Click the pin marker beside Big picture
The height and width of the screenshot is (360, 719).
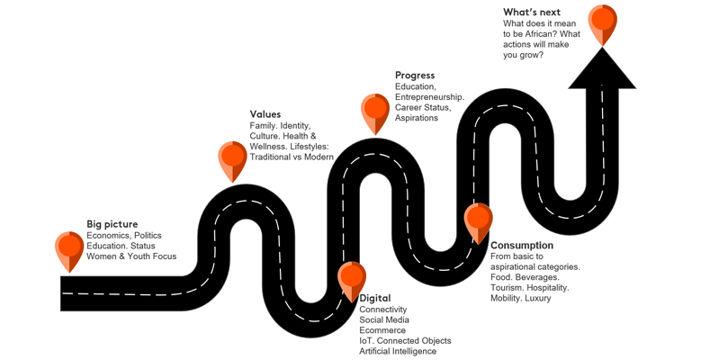click(69, 247)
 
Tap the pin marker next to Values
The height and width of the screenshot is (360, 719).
click(232, 158)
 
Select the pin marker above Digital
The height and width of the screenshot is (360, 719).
click(351, 278)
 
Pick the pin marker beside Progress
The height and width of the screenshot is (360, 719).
click(375, 111)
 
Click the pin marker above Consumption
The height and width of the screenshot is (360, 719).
click(478, 220)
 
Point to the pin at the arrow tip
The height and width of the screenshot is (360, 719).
click(602, 22)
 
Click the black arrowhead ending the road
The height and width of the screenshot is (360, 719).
click(602, 70)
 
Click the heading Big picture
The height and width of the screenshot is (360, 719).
click(112, 223)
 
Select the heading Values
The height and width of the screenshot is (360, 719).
click(265, 114)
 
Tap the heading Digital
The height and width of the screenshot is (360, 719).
click(375, 298)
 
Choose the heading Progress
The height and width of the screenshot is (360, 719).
click(415, 76)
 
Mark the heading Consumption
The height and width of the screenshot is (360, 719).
click(522, 245)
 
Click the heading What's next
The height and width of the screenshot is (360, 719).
click(532, 12)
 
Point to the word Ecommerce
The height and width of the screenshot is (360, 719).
click(382, 330)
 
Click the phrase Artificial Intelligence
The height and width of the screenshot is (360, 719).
click(398, 351)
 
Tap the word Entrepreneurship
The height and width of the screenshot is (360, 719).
click(429, 96)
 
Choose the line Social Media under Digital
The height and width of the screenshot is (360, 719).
click(384, 319)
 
